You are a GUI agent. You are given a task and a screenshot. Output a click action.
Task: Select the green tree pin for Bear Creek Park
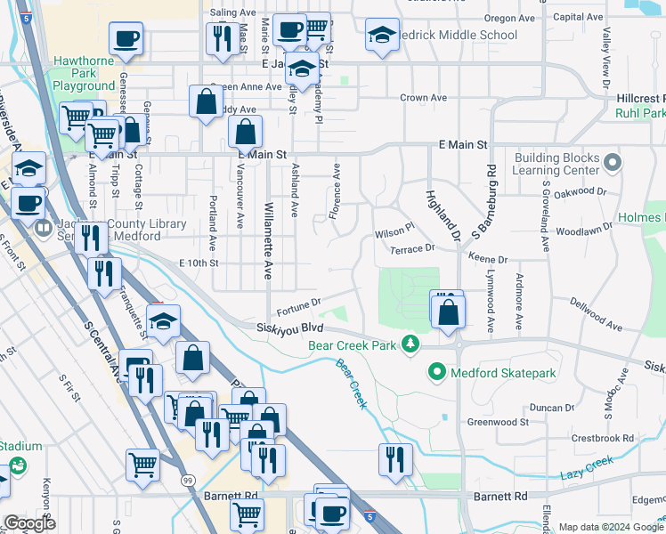tap(410, 344)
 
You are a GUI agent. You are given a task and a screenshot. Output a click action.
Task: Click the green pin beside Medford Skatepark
tap(436, 371)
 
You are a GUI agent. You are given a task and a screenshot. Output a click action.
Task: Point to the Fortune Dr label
tap(298, 308)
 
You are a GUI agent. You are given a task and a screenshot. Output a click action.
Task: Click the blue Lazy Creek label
tap(587, 468)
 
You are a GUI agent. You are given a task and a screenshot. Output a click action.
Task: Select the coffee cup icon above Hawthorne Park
tap(126, 38)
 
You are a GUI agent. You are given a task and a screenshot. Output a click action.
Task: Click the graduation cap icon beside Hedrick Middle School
tap(382, 36)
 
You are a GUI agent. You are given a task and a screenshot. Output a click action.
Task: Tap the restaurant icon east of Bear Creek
tap(395, 459)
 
